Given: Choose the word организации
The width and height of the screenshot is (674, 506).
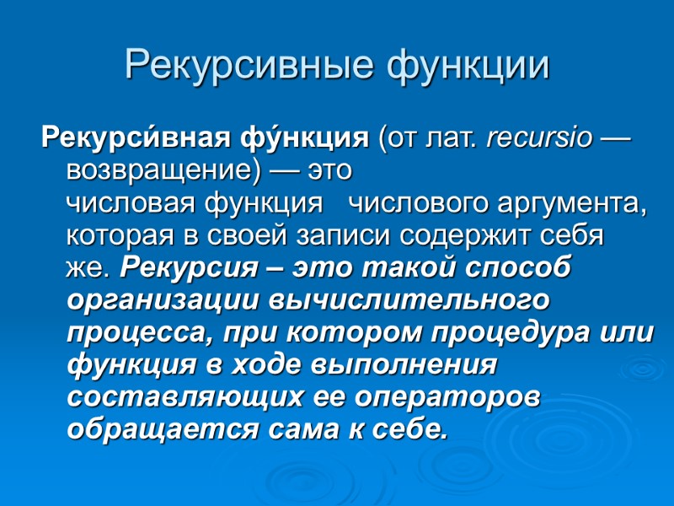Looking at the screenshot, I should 160,300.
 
